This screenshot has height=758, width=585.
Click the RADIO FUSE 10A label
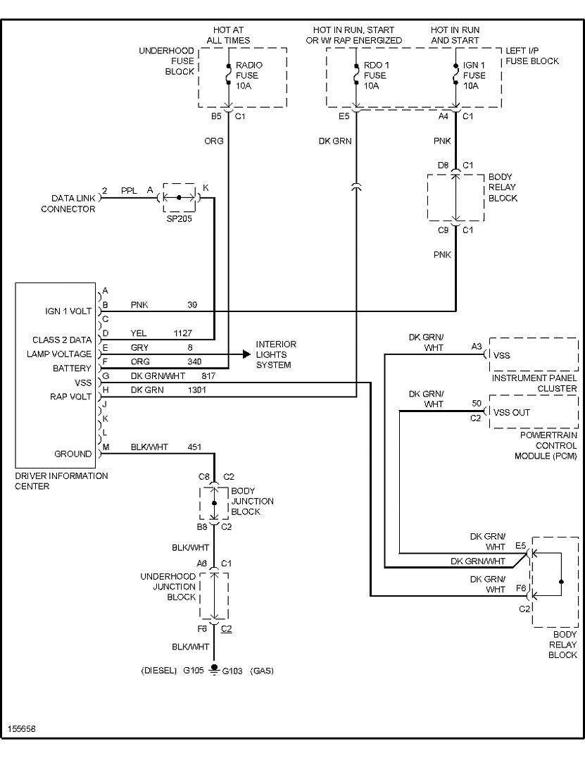[x=249, y=75]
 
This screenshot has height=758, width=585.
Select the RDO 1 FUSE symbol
[x=356, y=74]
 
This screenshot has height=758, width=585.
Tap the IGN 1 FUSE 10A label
[x=474, y=75]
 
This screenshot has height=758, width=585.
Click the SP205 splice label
[x=180, y=218]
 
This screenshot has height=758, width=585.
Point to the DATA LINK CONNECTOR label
[x=68, y=204]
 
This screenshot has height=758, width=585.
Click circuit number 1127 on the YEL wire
[x=182, y=333]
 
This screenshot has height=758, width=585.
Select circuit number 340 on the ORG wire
[x=195, y=361]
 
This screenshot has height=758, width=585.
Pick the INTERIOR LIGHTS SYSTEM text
[x=276, y=354]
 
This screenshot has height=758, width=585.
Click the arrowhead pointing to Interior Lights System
[x=246, y=354]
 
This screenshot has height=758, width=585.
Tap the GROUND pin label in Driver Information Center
[x=73, y=454]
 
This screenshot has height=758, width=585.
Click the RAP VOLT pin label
[x=70, y=397]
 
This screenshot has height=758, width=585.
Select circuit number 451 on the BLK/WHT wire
[x=194, y=447]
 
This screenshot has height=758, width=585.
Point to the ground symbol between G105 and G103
[x=214, y=670]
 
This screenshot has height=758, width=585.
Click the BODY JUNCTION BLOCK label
[x=252, y=502]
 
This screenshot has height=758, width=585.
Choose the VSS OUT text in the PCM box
[x=512, y=412]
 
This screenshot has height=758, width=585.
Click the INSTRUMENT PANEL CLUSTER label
[x=534, y=383]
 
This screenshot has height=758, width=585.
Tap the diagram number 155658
[x=22, y=728]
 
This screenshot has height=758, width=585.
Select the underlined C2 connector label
[x=226, y=628]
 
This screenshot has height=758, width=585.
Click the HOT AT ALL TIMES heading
[x=229, y=35]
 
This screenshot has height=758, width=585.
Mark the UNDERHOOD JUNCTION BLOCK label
[x=168, y=586]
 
